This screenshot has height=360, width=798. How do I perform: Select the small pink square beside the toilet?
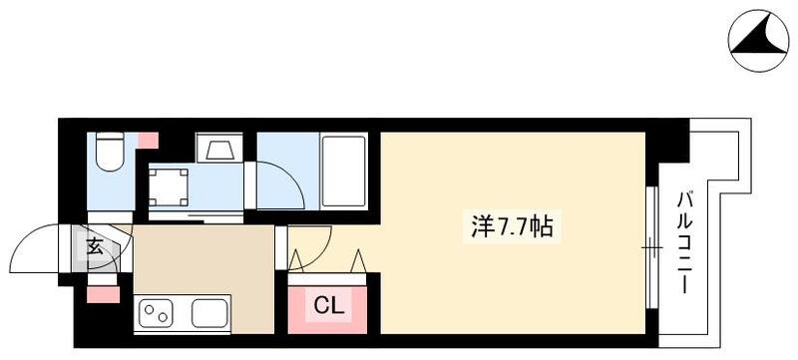[x=147, y=139]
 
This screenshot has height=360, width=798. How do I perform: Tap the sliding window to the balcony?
[x=650, y=245]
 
